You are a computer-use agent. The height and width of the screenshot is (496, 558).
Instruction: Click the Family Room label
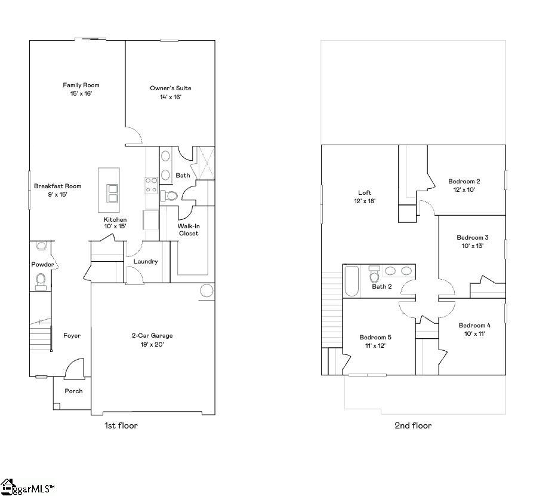[x=81, y=85]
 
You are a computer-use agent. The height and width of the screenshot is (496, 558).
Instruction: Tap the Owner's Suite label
[x=171, y=88]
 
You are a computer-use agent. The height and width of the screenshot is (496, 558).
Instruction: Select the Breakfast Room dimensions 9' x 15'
[x=57, y=194]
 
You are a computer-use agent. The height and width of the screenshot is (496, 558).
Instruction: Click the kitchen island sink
[x=112, y=193]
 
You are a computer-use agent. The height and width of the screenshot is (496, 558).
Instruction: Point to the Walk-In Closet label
[x=189, y=229]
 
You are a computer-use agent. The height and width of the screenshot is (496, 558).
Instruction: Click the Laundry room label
[x=146, y=261]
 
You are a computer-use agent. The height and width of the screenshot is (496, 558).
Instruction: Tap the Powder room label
[x=42, y=265]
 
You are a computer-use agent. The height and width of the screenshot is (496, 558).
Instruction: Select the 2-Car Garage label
[x=152, y=335]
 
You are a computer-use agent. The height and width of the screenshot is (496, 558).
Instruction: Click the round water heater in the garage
[x=206, y=291]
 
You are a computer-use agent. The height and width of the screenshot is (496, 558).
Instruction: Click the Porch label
[x=74, y=391]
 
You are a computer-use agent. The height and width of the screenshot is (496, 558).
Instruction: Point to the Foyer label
[x=72, y=335]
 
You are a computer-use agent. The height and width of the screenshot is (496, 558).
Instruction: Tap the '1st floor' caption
[x=121, y=425]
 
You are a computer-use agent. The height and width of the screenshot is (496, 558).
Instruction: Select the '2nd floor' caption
[x=413, y=425]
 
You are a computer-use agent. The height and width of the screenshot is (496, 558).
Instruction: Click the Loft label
[x=365, y=192]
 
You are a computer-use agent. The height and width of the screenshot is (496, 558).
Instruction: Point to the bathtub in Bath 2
[x=352, y=281]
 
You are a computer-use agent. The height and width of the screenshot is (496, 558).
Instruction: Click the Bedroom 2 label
[x=464, y=181]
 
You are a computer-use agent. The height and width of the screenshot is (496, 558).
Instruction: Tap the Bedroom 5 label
[x=375, y=337]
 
